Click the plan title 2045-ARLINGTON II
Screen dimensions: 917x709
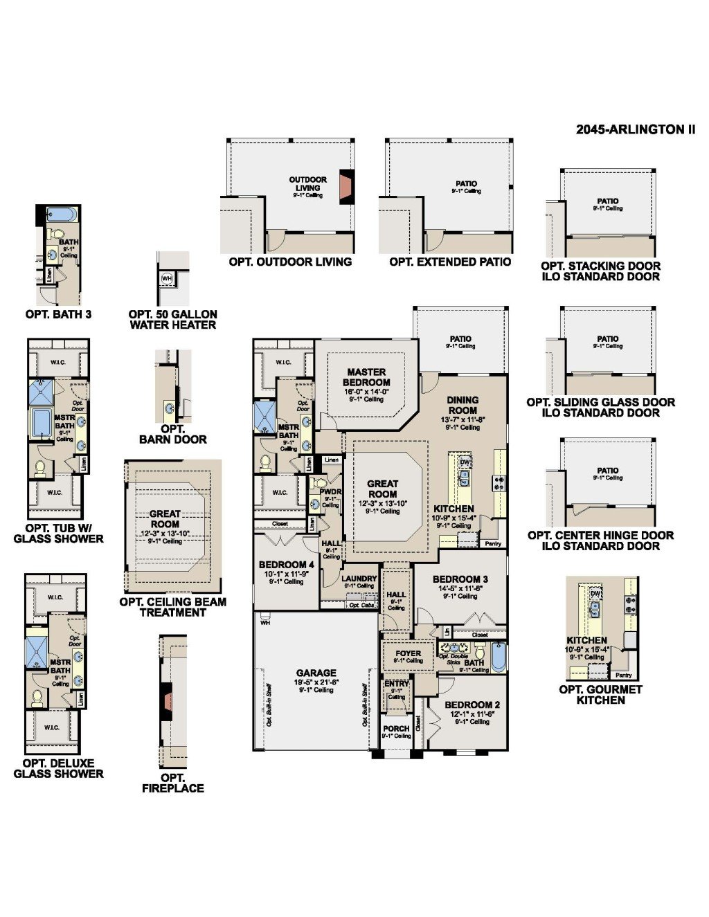(x=635, y=129)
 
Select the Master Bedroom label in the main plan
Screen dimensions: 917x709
(x=366, y=377)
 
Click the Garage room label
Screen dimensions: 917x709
(x=316, y=673)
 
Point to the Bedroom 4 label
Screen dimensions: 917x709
(x=287, y=565)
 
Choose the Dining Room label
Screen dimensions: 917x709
(x=463, y=405)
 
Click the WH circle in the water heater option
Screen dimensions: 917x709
(x=167, y=278)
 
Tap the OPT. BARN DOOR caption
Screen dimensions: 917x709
(x=172, y=434)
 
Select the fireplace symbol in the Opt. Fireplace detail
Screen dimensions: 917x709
(x=166, y=700)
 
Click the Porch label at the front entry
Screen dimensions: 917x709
(x=396, y=728)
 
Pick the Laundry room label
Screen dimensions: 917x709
(x=359, y=579)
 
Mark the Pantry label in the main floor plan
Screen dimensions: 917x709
(x=493, y=544)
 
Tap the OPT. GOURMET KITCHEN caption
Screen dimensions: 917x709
(x=600, y=695)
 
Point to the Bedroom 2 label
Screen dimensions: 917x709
(x=472, y=705)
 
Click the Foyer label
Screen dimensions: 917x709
(x=408, y=653)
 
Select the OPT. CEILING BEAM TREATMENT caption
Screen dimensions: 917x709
(x=172, y=607)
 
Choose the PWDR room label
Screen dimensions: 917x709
(x=330, y=491)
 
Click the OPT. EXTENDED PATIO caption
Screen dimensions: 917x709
(x=450, y=262)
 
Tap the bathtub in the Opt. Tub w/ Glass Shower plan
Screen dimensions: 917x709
(x=42, y=423)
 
